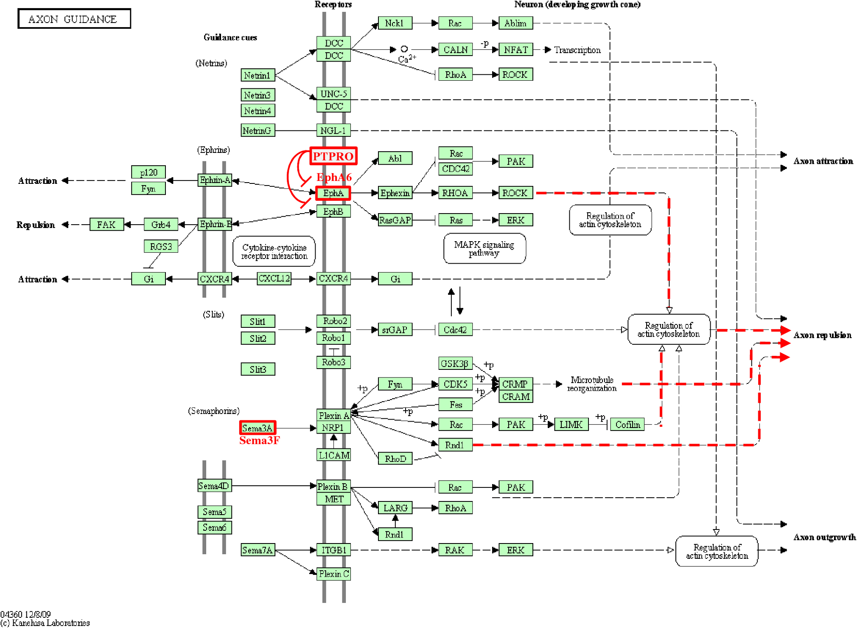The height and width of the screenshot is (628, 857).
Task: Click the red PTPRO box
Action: coord(333,156)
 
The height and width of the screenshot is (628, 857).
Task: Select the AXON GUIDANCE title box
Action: coord(74,19)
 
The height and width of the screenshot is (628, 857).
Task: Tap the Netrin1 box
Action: coord(258,75)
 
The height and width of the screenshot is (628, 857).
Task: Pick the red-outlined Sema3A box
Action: coord(258,428)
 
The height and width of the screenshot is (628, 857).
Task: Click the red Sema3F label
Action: coord(259,440)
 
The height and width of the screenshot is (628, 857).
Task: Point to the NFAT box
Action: coord(515,50)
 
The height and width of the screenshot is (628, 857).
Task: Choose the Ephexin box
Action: coord(395,193)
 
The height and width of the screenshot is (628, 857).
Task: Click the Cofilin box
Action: coord(627,425)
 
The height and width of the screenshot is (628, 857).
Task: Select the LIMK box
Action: coord(571,425)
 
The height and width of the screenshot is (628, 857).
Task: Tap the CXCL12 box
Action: coord(274,279)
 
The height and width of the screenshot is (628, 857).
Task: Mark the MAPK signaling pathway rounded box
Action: coord(484,248)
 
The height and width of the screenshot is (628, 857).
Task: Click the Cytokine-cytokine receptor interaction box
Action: coord(274,251)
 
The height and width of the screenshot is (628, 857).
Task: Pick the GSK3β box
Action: coord(455,363)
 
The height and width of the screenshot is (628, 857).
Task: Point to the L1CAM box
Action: coord(334,455)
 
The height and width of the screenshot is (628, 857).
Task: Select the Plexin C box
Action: coord(334,574)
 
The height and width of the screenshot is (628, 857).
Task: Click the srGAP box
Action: coord(395,329)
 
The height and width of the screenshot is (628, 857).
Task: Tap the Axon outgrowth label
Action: coord(824,537)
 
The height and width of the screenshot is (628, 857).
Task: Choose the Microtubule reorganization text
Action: coord(591,384)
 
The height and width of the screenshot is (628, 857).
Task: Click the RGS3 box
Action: coord(161,246)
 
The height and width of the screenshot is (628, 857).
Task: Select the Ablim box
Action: coord(515,23)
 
